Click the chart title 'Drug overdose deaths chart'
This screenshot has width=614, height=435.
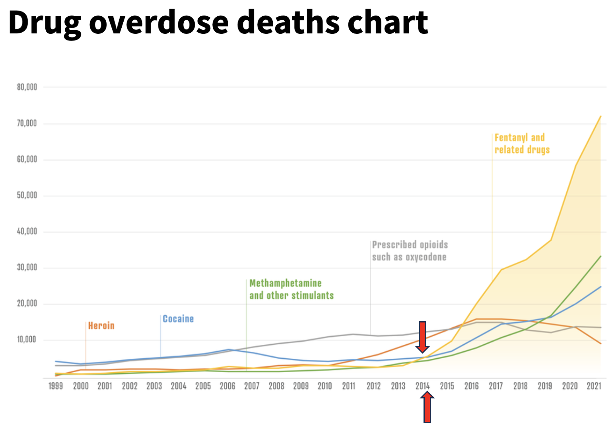[218, 23]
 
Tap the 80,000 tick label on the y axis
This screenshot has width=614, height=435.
[27, 87]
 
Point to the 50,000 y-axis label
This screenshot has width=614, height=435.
[27, 195]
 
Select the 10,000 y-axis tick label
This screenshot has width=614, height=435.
[27, 340]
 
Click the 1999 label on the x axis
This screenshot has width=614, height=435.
[56, 386]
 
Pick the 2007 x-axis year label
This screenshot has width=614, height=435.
[252, 386]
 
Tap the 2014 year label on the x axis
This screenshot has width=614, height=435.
[423, 386]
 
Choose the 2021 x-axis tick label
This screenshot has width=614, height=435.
[594, 386]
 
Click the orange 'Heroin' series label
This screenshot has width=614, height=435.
[101, 326]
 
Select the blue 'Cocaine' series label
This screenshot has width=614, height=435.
[178, 319]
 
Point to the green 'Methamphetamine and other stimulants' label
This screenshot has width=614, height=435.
[291, 289]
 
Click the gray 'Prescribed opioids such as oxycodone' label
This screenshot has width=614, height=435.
[410, 251]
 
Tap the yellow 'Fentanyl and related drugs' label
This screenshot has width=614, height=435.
[522, 144]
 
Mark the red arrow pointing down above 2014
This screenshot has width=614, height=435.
[422, 337]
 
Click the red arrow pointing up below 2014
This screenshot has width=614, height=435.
[427, 407]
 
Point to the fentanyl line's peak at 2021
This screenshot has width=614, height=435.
[600, 117]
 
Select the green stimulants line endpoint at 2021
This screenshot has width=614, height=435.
[600, 256]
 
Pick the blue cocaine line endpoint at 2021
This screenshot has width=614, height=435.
[600, 287]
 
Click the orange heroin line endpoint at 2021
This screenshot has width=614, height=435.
[600, 344]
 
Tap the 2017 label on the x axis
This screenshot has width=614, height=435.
[496, 386]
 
